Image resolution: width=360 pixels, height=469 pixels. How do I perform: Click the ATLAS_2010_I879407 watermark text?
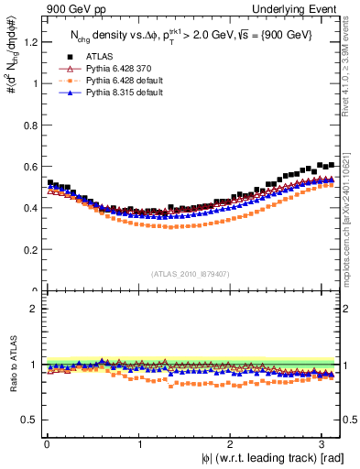coord(191,273)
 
